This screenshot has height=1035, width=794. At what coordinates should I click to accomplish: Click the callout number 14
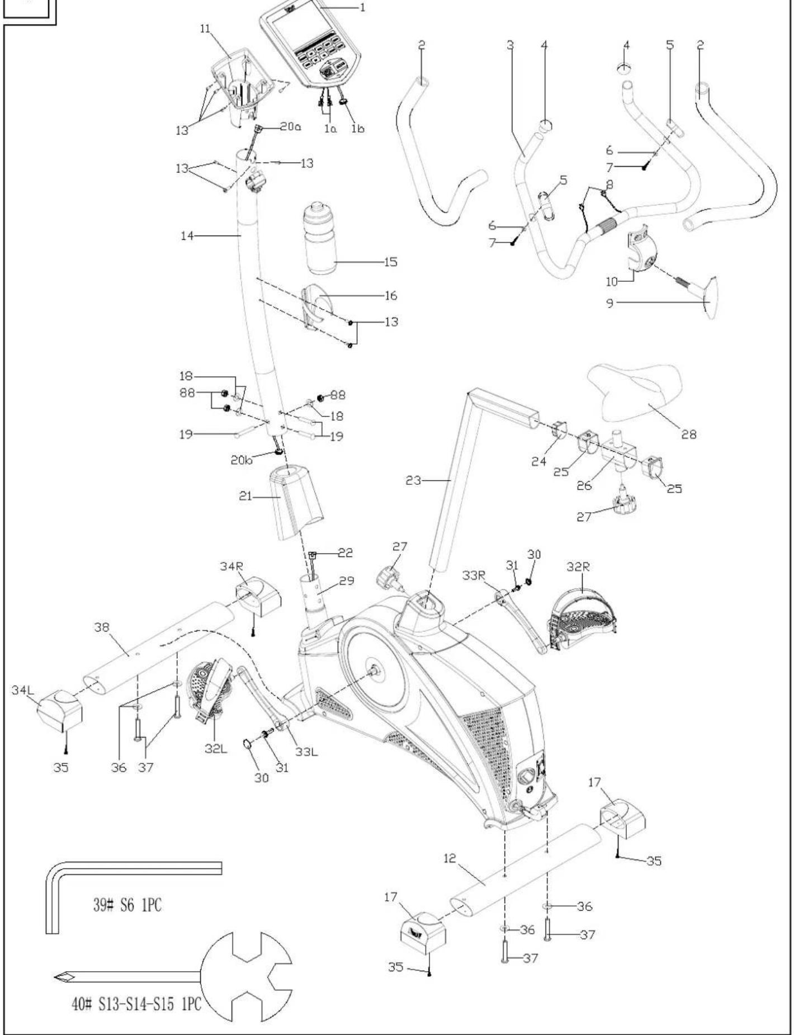tap(187, 237)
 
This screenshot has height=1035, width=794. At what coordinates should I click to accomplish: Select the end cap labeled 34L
tap(59, 711)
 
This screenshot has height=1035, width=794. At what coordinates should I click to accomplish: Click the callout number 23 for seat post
tap(413, 480)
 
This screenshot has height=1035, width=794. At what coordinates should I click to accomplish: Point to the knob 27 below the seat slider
tap(621, 503)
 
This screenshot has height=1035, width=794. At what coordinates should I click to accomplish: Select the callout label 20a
tap(290, 127)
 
